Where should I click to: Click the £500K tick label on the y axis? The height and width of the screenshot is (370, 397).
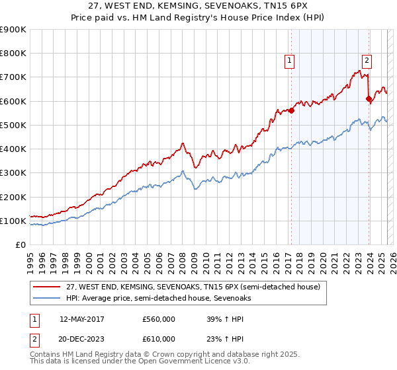tap(13, 125)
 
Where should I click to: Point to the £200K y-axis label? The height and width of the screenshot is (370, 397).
tap(13, 197)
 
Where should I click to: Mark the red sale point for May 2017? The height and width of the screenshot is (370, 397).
tap(291, 110)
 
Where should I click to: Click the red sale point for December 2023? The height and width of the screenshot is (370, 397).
tap(369, 98)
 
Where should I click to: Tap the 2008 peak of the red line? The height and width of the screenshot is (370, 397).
tap(182, 143)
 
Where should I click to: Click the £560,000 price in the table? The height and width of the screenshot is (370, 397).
tap(158, 318)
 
